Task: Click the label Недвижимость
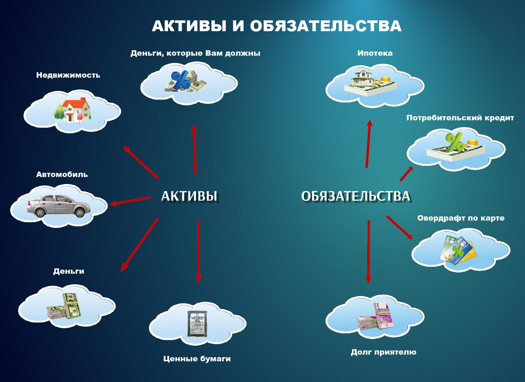(68, 75)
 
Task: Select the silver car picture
(58, 206)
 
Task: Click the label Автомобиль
(62, 174)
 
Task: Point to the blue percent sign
(180, 80)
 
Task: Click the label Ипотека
(375, 53)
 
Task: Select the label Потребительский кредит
(460, 118)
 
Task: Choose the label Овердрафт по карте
(461, 218)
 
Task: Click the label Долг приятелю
(383, 352)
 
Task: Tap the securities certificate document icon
(197, 324)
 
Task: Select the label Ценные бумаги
(197, 359)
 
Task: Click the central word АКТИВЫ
(189, 196)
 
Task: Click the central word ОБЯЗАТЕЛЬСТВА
(355, 196)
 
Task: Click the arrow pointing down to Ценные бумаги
(199, 252)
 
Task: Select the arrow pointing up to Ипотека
(368, 144)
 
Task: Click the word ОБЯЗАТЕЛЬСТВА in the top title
(326, 26)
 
